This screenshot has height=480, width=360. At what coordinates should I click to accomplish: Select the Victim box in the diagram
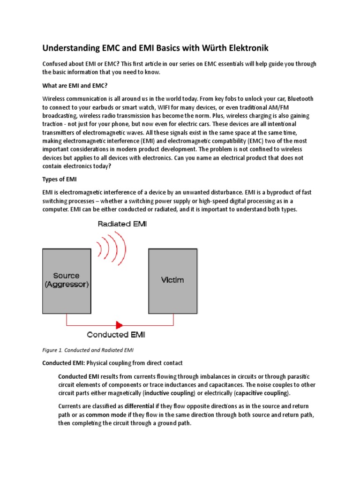click(x=172, y=280)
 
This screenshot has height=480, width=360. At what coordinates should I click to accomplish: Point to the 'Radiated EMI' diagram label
click(x=122, y=224)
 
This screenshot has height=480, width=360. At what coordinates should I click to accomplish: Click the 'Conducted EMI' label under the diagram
click(x=122, y=335)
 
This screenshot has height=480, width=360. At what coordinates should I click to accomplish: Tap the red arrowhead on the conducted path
click(x=119, y=324)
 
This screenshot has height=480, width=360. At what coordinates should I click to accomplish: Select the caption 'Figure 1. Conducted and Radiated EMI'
click(x=88, y=350)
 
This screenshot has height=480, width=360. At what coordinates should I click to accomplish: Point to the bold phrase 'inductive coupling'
click(x=169, y=393)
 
